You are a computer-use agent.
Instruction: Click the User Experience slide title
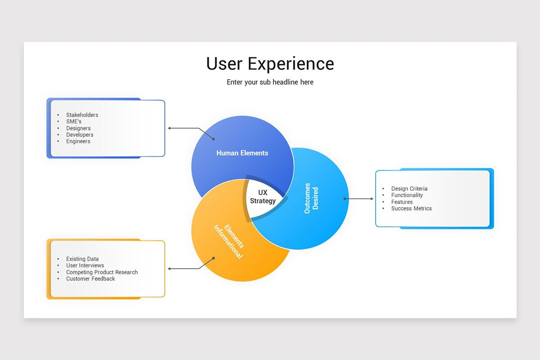coord(270,63)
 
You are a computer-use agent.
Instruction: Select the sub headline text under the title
coord(270,82)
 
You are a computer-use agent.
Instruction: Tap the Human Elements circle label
coord(242,153)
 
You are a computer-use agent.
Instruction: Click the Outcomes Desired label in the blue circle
coord(311,198)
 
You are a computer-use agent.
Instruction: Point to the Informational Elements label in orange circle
coord(228,241)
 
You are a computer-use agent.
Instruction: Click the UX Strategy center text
coord(263,197)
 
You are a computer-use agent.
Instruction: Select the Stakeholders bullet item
coord(82,115)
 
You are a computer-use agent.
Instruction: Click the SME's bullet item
coord(74,121)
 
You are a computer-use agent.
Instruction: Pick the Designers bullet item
coord(78,128)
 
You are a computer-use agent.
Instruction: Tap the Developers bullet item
coord(80,135)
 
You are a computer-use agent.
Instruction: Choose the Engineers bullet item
coord(78,141)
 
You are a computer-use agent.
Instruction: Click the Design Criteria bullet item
coord(409,189)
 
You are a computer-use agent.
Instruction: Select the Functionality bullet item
coord(407,195)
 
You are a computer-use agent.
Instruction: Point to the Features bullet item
coord(402,202)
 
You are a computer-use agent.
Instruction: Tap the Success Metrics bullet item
coord(411,208)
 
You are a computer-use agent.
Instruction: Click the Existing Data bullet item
coord(82,259)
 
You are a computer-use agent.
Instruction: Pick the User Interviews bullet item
coord(85,265)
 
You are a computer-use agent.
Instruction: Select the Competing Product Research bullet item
coord(102,272)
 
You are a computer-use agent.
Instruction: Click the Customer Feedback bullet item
coord(90,279)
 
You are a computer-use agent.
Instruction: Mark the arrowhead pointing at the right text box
coord(372,198)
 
